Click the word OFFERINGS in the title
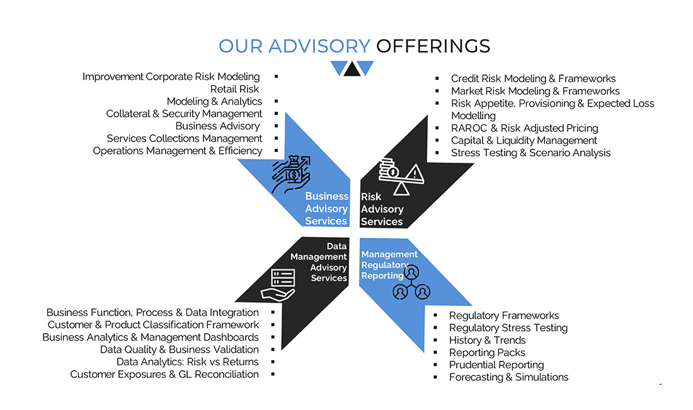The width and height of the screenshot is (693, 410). (x=433, y=46)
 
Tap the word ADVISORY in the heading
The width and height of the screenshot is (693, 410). (x=319, y=46)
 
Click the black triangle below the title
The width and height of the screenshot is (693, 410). (x=352, y=69)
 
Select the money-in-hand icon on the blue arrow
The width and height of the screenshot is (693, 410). (x=291, y=174)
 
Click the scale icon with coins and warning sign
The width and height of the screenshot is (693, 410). (x=401, y=177)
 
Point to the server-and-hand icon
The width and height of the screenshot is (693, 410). (x=278, y=285)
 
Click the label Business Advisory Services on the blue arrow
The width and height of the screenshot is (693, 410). (x=326, y=208)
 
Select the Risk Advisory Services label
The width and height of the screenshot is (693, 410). (x=382, y=209)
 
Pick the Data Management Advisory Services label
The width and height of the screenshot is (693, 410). (x=319, y=262)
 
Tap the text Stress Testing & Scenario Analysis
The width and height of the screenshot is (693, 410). (x=530, y=153)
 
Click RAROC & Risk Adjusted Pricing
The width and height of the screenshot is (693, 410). (x=524, y=128)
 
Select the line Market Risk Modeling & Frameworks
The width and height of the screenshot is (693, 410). (x=535, y=91)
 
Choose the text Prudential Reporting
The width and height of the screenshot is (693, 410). (x=496, y=365)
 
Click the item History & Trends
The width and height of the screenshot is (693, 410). (x=487, y=340)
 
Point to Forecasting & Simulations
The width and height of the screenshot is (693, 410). (x=508, y=377)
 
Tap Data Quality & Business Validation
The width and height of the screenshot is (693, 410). (x=179, y=349)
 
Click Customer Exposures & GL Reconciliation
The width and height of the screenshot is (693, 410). (x=164, y=374)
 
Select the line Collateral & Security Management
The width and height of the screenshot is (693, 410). (x=184, y=114)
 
